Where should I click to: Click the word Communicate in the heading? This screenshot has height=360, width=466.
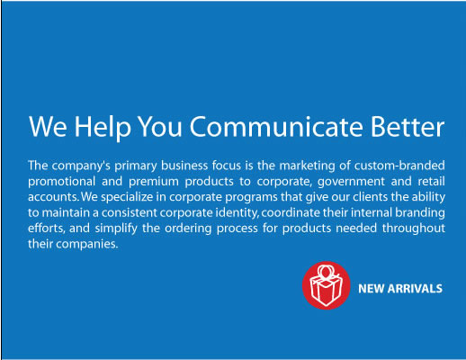pos(276,127)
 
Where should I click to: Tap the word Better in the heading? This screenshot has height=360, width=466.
pos(408,127)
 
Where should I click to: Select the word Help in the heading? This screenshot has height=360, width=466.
pos(103,128)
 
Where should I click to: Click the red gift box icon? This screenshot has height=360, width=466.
pos(326,285)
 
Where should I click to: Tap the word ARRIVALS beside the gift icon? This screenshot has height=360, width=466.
pos(415,289)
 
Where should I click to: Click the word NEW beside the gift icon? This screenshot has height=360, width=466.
pos(371,289)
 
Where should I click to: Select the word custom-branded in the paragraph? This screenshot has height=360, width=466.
pos(399,166)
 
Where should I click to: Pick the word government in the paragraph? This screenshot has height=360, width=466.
pos(351,182)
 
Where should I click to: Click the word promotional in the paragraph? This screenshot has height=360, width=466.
pos(61,182)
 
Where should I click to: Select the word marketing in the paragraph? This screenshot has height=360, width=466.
pos(307,166)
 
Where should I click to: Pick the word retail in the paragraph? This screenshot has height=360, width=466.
pos(431,181)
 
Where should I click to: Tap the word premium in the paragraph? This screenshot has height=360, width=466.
pos(154,182)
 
